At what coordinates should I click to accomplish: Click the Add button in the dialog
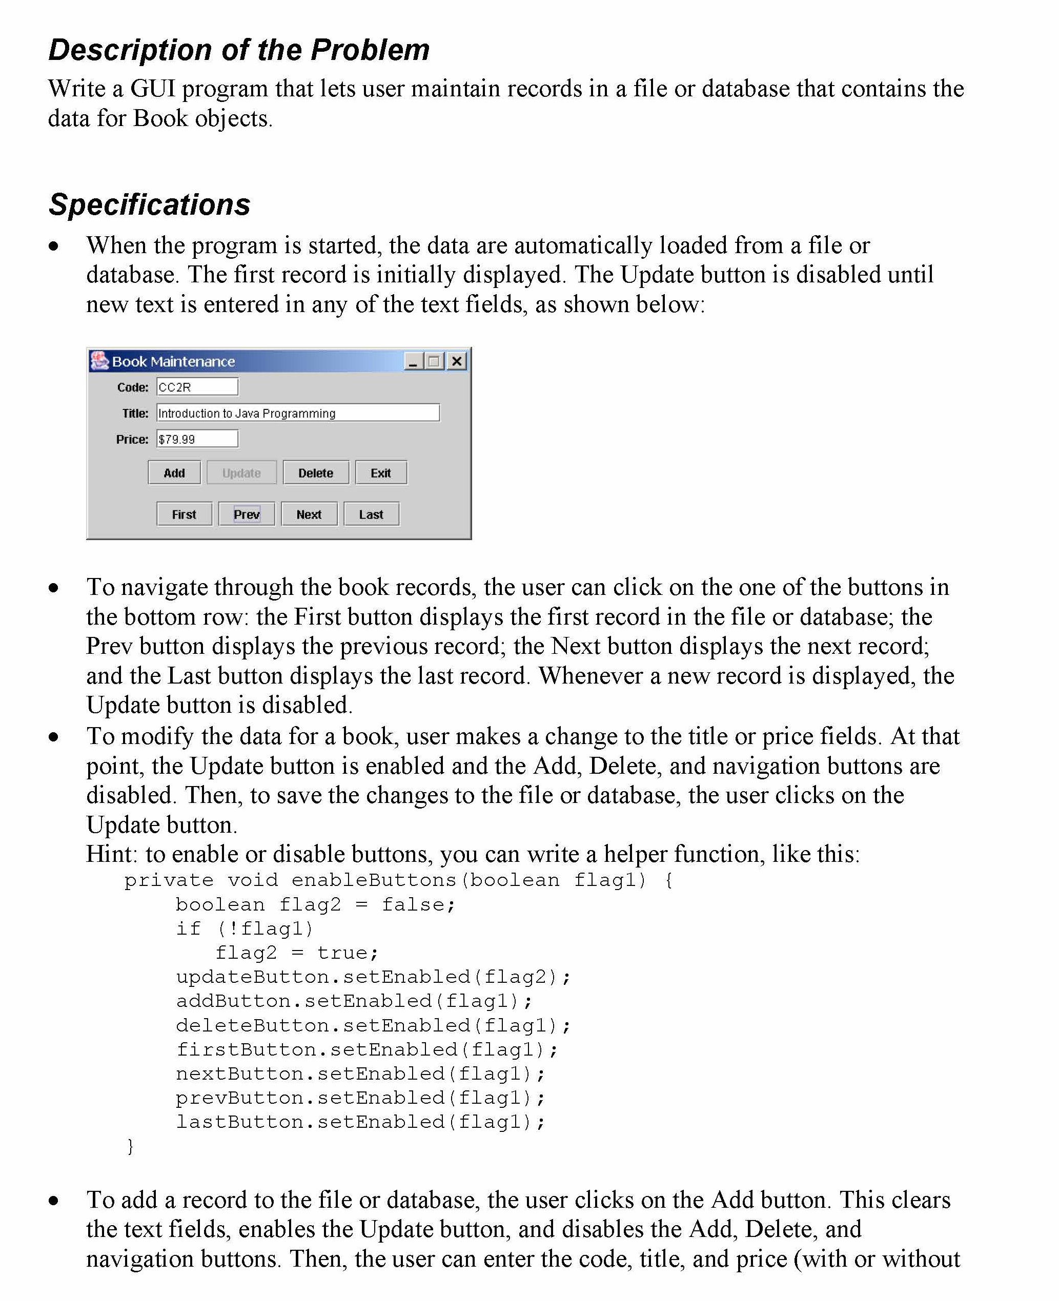click(174, 472)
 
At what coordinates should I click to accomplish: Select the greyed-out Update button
click(241, 472)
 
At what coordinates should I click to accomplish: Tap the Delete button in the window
click(315, 472)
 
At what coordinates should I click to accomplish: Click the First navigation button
click(184, 514)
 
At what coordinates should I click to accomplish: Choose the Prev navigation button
click(247, 514)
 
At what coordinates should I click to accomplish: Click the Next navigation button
click(309, 514)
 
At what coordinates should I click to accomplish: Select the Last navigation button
click(371, 514)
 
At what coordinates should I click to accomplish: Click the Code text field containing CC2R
click(197, 386)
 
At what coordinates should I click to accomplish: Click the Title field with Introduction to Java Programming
click(298, 412)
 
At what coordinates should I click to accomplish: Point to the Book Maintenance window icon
click(99, 361)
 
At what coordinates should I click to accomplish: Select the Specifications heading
click(150, 204)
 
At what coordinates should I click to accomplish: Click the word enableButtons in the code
click(373, 880)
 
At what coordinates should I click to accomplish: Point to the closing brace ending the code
click(130, 1146)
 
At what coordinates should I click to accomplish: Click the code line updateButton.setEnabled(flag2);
click(373, 977)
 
